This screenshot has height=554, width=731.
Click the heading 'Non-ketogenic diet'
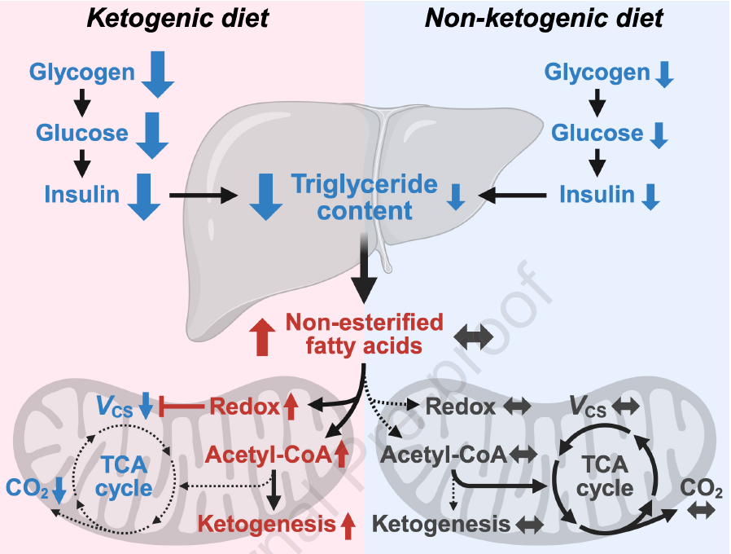click(x=544, y=19)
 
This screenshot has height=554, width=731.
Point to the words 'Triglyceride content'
click(x=365, y=197)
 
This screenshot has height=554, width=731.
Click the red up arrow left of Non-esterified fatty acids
click(x=262, y=336)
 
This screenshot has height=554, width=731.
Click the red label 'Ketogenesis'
click(x=269, y=523)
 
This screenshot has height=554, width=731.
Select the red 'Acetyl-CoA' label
click(x=269, y=455)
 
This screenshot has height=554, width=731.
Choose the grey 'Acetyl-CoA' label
click(x=444, y=453)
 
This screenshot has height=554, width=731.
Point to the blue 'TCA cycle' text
click(x=124, y=477)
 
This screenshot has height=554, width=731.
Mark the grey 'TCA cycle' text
click(x=606, y=476)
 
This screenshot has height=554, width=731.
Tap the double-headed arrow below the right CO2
click(x=701, y=511)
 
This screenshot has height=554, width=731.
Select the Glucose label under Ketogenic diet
click(x=81, y=133)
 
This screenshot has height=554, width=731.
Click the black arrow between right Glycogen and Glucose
click(x=598, y=103)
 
